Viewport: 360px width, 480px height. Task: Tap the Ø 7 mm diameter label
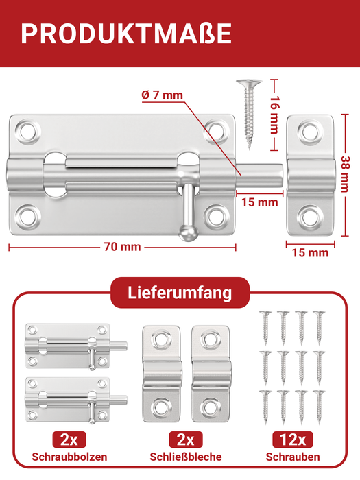tap(163, 95)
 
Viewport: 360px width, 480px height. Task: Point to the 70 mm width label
tap(121, 248)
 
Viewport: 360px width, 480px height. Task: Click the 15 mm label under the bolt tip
tap(259, 202)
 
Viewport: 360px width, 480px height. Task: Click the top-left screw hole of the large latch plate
tap(28, 130)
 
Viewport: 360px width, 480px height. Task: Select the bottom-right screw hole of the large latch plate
tap(216, 215)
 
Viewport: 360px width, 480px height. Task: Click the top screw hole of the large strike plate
tap(309, 130)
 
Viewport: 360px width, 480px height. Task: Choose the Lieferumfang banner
tap(180, 293)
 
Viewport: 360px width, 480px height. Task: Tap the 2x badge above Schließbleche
tap(186, 440)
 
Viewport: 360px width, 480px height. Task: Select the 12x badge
tap(291, 440)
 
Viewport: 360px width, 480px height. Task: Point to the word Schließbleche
tap(185, 457)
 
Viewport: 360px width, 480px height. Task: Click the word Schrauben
tap(291, 457)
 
